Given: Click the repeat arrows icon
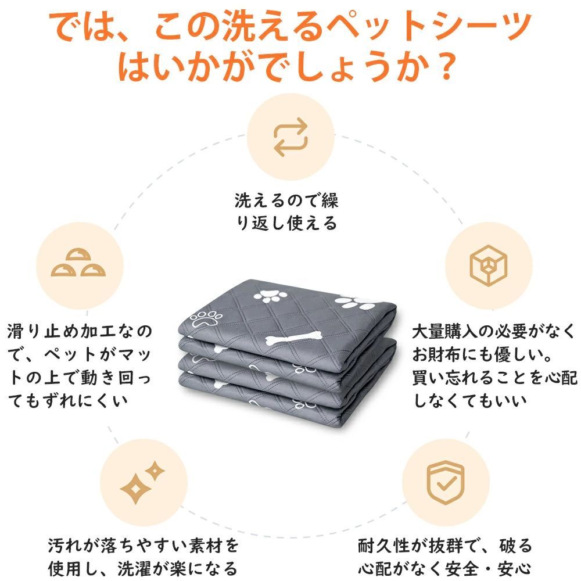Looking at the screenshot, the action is click(290, 137).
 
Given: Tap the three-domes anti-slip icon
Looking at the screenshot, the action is click(78, 263).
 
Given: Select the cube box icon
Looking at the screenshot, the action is click(489, 266).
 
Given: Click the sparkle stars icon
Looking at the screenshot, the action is click(142, 482).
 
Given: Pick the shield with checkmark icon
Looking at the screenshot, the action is click(446, 482).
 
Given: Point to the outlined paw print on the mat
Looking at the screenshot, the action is click(206, 318).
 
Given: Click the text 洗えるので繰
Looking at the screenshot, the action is click(286, 200).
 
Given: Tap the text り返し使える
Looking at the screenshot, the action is click(286, 223).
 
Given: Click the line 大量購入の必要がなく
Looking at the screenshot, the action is click(493, 331).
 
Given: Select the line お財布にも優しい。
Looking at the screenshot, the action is click(482, 354).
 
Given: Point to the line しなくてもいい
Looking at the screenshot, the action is click(470, 400).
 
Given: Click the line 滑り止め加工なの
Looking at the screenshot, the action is click(80, 331).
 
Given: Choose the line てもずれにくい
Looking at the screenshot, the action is click(68, 400).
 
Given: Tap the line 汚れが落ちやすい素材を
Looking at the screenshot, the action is click(144, 546).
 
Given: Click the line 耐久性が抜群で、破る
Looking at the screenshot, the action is click(445, 546).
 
